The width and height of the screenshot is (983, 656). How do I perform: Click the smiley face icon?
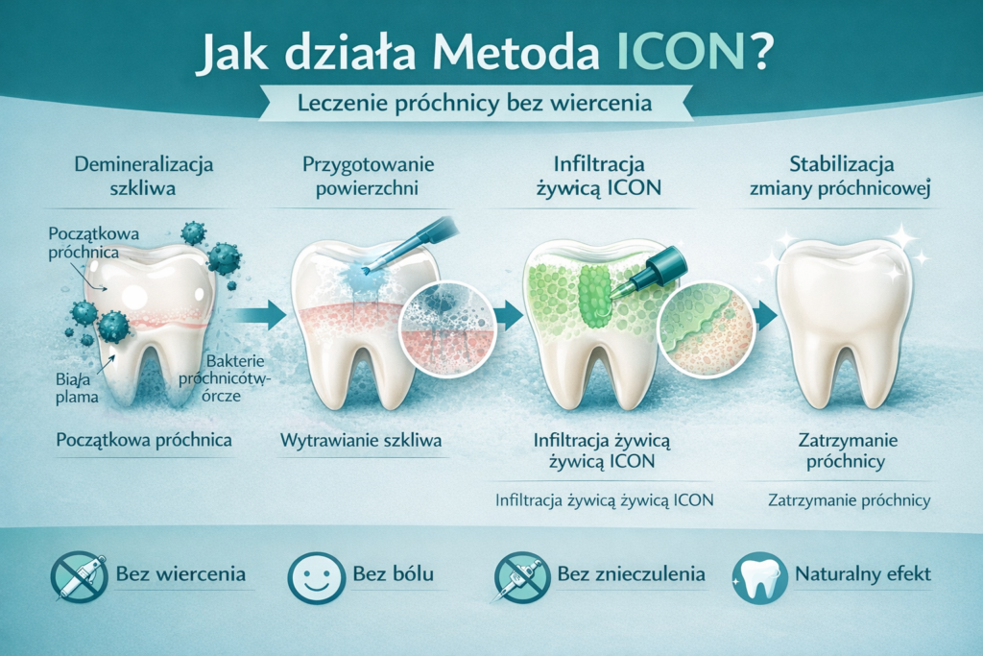[x=316, y=576]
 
